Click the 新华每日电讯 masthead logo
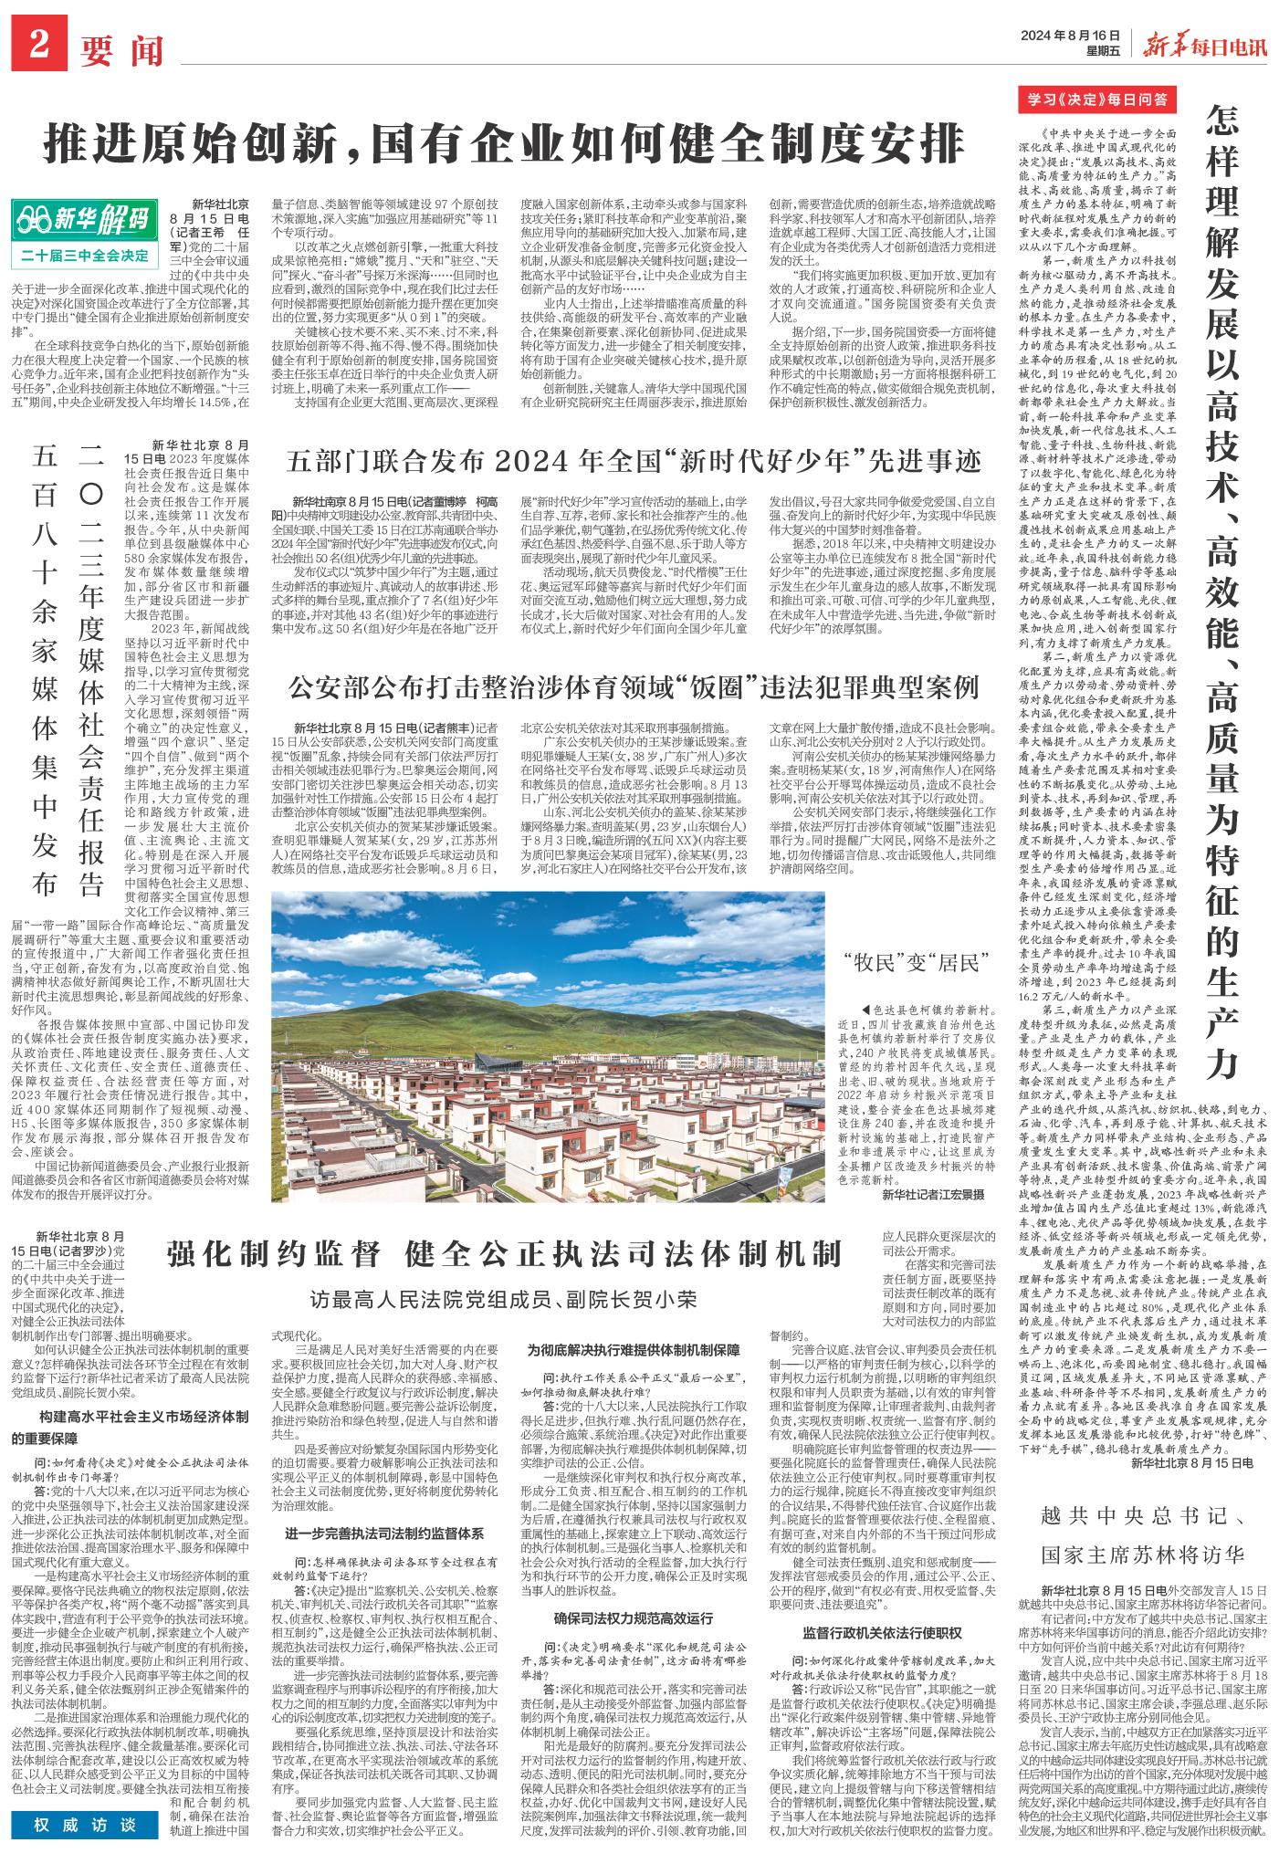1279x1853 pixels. (1204, 41)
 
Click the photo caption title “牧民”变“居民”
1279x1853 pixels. (927, 962)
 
